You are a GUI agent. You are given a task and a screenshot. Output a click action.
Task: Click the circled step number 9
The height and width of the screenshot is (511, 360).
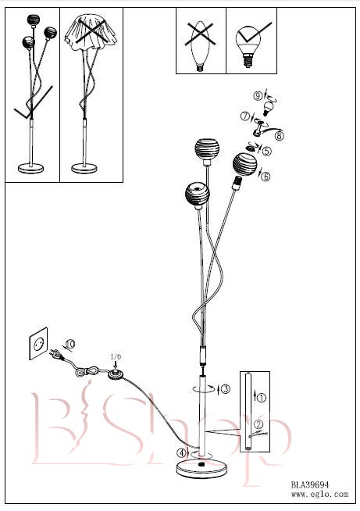258,95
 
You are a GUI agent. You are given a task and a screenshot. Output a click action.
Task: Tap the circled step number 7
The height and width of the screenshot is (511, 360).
245,116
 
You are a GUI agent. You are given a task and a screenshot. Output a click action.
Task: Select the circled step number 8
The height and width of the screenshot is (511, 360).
280,135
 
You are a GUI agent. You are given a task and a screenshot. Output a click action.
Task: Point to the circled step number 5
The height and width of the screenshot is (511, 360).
267,151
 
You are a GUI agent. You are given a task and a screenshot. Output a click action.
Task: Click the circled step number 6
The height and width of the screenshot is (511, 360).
266,177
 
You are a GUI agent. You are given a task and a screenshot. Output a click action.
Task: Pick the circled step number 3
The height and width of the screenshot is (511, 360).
226,388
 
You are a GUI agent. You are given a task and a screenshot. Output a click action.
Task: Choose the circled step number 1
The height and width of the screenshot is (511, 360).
262,397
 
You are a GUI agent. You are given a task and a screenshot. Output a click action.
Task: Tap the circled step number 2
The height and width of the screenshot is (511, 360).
258,424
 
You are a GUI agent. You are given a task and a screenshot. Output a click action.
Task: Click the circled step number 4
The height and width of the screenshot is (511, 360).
181,452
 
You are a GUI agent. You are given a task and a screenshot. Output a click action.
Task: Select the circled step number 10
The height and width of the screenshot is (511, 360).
70,344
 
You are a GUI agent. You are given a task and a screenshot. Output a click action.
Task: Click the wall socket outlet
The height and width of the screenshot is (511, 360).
38,344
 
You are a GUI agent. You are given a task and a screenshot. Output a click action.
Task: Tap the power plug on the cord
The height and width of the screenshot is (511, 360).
56,355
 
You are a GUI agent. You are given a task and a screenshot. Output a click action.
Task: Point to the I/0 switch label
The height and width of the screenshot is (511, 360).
116,356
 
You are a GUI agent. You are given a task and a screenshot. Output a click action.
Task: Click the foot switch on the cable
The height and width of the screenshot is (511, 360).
116,374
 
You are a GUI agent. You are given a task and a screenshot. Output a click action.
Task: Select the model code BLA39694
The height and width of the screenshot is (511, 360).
310,484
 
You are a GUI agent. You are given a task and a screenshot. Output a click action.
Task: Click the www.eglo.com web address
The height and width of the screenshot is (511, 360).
319,494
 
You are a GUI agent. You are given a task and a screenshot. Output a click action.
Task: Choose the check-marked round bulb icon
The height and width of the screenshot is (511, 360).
249,45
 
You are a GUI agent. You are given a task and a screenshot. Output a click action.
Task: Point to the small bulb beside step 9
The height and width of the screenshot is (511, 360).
267,109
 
